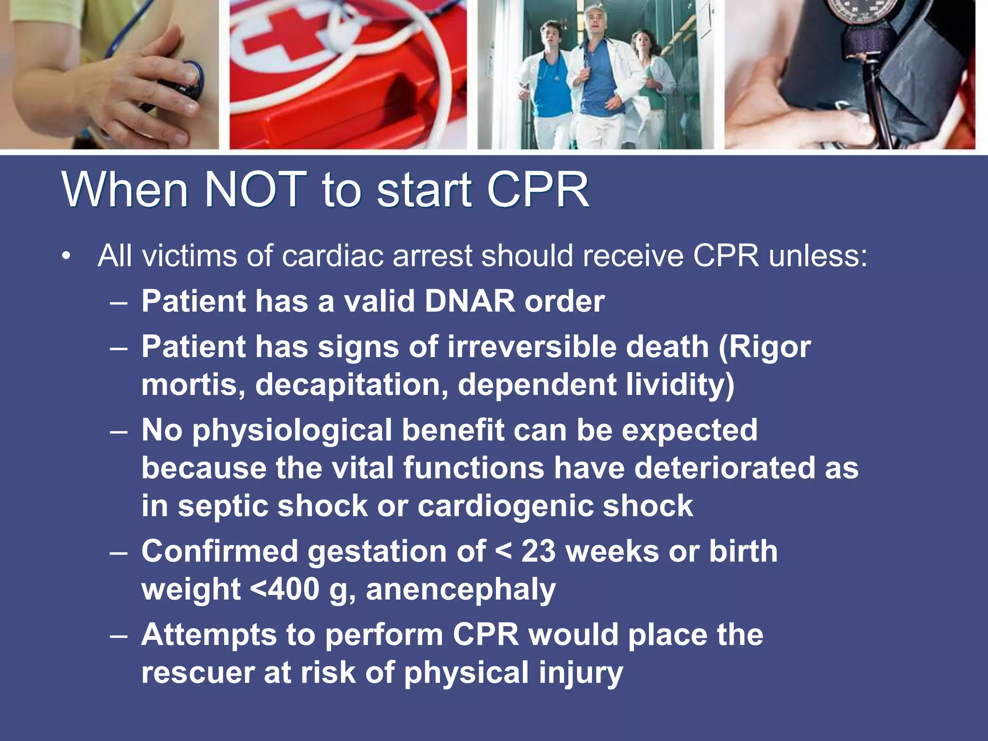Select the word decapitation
click(x=352, y=385)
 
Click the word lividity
click(x=680, y=385)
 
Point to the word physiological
click(x=292, y=430)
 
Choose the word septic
click(x=224, y=507)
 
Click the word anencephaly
click(x=461, y=590)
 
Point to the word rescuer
click(x=198, y=673)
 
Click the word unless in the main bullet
click(x=818, y=256)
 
